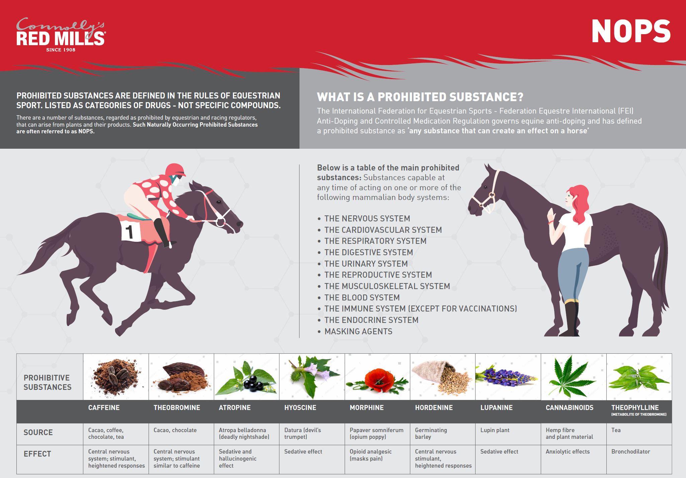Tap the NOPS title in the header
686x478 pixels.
[631, 31]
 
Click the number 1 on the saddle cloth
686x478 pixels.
[130, 232]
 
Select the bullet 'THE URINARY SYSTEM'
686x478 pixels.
[366, 264]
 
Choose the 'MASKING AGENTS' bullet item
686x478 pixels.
[358, 331]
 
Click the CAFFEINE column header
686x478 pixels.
[104, 408]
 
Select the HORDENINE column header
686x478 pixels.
[434, 408]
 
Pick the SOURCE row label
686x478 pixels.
[38, 432]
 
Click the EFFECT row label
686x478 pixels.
[37, 454]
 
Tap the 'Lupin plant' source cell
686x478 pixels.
[495, 430]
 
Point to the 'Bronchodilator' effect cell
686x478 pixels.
[630, 452]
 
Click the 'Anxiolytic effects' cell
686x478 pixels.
[568, 452]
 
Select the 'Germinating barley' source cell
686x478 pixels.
[431, 433]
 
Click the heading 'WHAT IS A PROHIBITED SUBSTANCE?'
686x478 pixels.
[420, 97]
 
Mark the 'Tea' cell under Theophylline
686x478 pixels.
[616, 430]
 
